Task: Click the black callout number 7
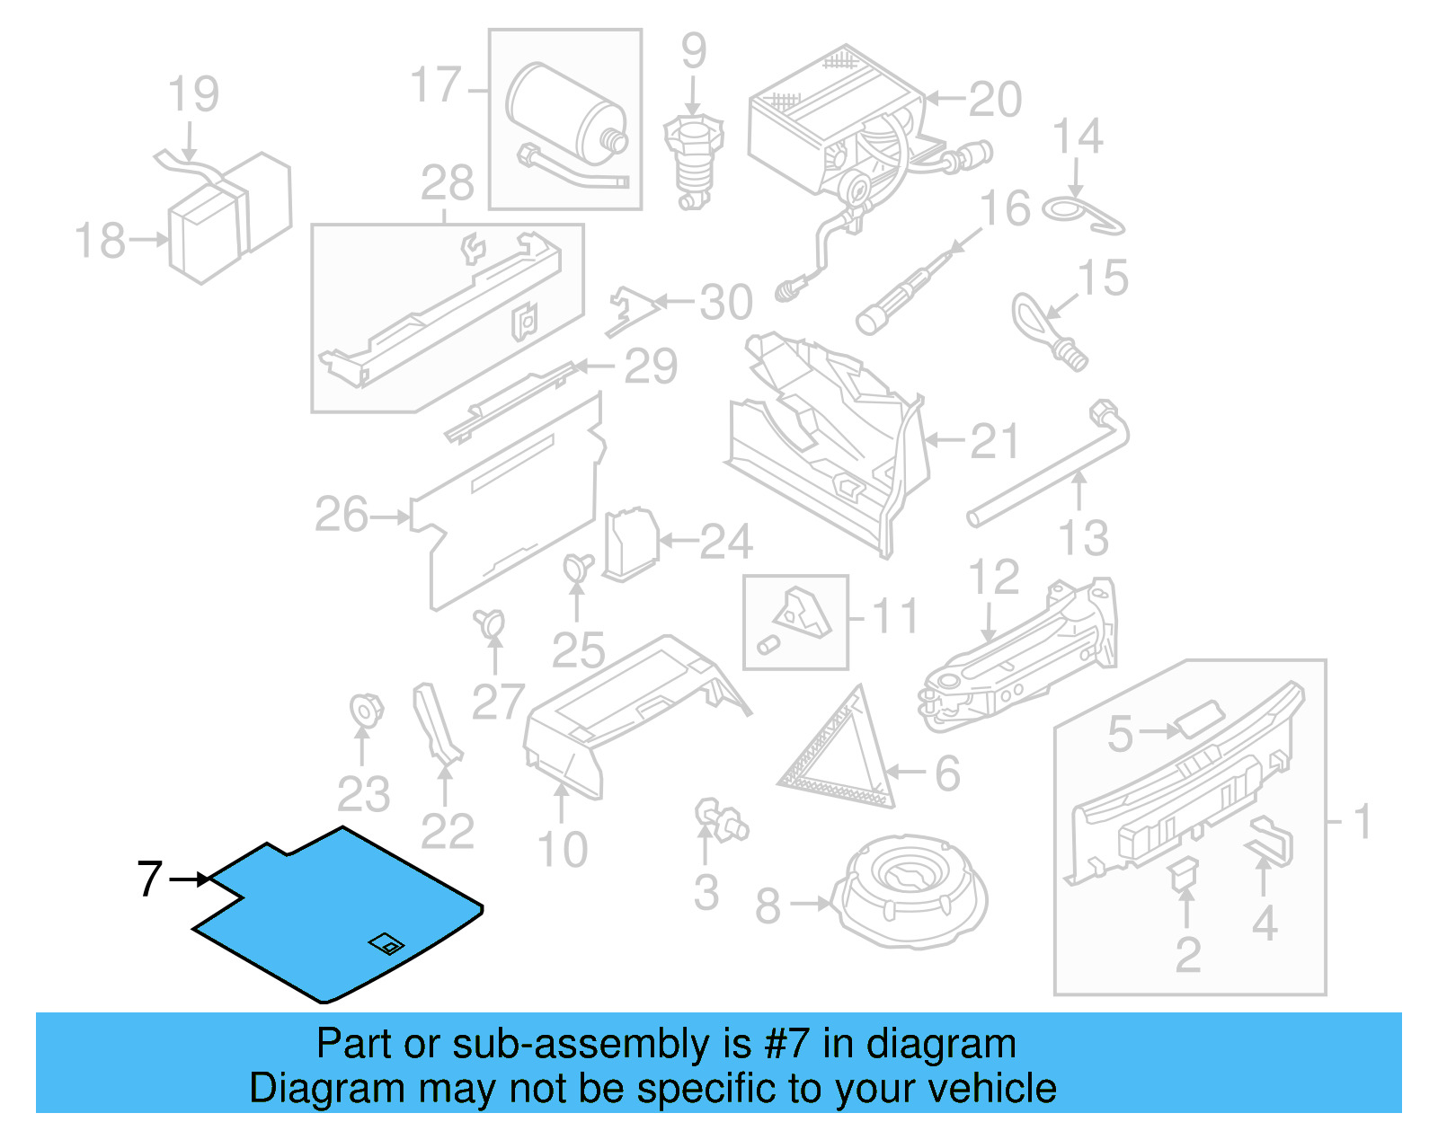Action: pos(149,879)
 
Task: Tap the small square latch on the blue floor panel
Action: pos(386,944)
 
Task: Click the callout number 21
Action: pos(994,442)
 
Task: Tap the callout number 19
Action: pos(193,94)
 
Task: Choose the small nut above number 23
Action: pos(365,710)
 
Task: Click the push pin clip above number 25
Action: pos(577,567)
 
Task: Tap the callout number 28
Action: pos(447,184)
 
